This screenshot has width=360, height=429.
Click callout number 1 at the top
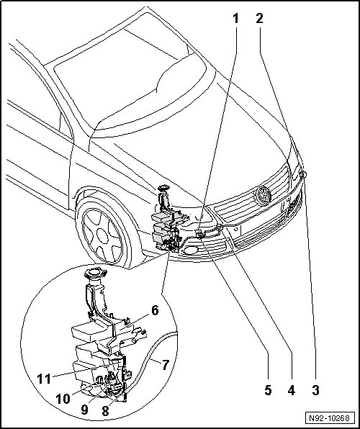235,19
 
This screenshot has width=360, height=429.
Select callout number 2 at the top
259,19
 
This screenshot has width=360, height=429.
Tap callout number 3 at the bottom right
315,390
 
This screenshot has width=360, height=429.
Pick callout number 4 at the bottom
292,390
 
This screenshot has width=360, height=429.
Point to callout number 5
268,390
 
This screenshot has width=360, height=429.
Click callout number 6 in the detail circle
155,311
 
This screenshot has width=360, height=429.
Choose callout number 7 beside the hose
166,365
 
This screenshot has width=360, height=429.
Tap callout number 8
105,410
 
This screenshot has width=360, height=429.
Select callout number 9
84,410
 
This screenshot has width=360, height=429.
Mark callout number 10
63,399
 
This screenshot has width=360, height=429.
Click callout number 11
44,379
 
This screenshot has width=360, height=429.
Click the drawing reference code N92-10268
330,418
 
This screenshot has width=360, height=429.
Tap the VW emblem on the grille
263,196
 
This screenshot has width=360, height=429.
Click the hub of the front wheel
103,236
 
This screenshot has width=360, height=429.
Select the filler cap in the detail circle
94,274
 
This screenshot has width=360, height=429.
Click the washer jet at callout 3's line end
303,174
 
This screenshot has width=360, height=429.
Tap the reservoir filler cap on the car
163,188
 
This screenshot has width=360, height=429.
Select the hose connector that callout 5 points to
199,234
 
